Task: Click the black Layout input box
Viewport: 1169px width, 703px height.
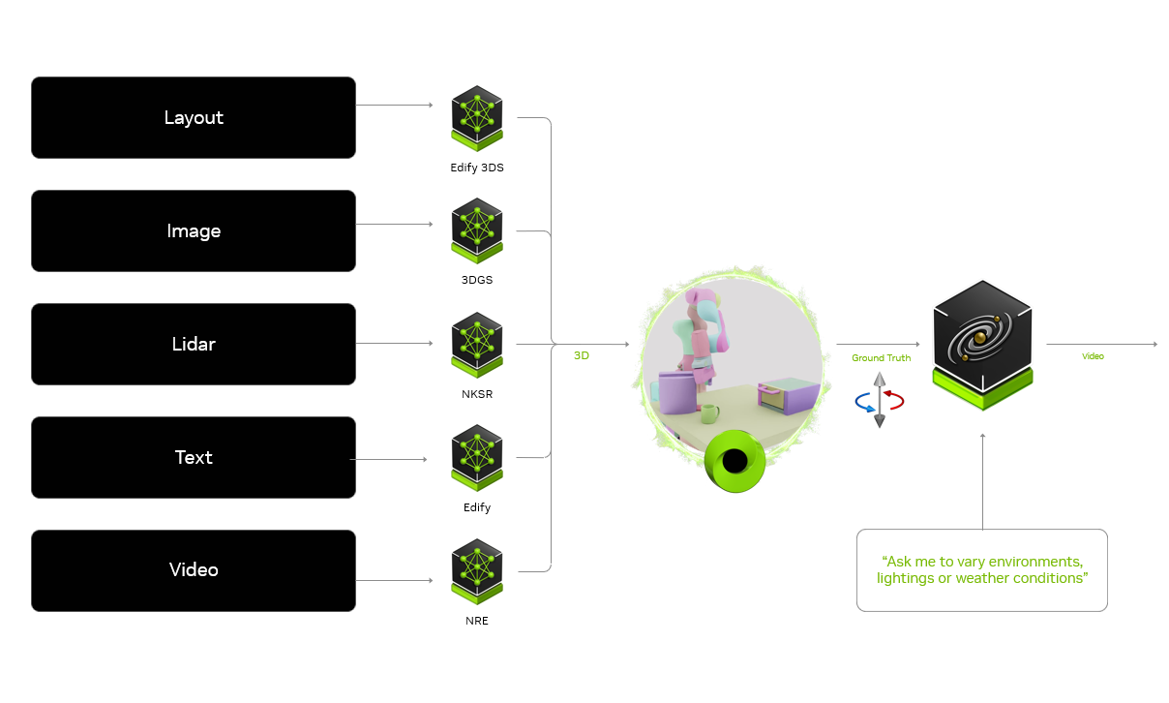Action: click(194, 117)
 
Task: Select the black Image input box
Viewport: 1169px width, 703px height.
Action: click(194, 230)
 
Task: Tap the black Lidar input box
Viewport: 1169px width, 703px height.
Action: click(194, 344)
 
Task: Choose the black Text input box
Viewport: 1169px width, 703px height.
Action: click(194, 457)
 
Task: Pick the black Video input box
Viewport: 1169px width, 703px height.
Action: click(194, 569)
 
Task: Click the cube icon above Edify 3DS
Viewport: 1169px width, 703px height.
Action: click(477, 117)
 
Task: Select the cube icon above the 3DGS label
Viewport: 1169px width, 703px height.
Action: click(477, 230)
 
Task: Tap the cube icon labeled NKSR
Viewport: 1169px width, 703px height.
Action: click(477, 344)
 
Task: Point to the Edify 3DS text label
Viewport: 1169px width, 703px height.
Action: click(477, 168)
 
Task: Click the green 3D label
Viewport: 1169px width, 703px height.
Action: click(582, 356)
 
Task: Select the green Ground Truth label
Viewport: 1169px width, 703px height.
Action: click(881, 358)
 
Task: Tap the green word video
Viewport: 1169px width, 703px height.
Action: click(1093, 356)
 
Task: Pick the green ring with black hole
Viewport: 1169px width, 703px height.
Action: click(735, 461)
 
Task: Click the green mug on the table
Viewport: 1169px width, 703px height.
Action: click(708, 413)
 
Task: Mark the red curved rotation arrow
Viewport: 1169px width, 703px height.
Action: click(896, 398)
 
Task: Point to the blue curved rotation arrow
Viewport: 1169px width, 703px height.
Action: click(863, 406)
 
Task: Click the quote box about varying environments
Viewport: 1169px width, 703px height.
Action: click(981, 569)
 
